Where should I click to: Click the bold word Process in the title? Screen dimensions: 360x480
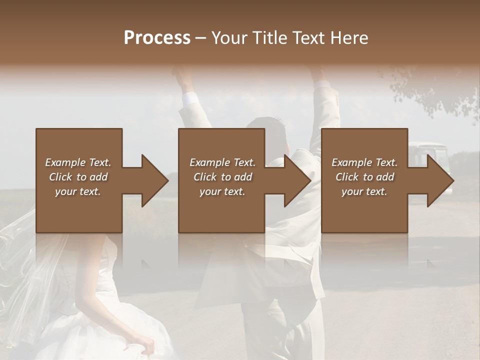pyautogui.click(x=157, y=37)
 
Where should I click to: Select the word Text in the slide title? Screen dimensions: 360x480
pyautogui.click(x=307, y=37)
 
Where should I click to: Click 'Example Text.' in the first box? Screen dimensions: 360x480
pyautogui.click(x=78, y=162)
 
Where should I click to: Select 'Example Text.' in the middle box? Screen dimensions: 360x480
pyautogui.click(x=222, y=162)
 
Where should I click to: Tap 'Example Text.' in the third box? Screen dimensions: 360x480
pyautogui.click(x=364, y=162)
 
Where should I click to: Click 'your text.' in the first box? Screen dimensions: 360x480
pyautogui.click(x=78, y=191)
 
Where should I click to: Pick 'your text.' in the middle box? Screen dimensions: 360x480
pyautogui.click(x=222, y=191)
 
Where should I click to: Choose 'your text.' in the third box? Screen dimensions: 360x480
pyautogui.click(x=364, y=191)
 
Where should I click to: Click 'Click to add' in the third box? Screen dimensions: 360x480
pyautogui.click(x=364, y=177)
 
